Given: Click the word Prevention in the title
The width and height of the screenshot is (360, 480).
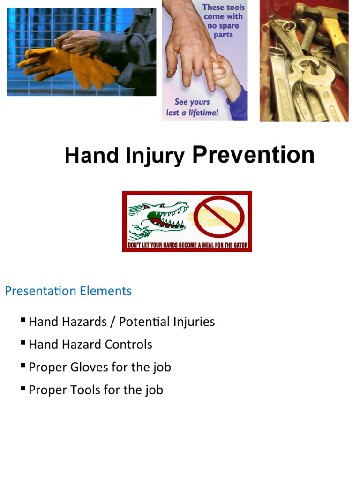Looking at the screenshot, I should coord(253,155).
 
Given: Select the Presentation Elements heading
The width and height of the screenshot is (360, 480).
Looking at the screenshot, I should coord(68,291).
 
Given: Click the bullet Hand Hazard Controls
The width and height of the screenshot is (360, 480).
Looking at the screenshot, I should coord(90,345).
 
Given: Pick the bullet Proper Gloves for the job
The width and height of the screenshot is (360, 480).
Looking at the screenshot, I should coord(100,367).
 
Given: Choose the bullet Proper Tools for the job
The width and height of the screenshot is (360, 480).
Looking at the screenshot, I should coord(96,390).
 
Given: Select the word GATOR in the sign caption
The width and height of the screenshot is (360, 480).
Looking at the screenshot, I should coord(239,245).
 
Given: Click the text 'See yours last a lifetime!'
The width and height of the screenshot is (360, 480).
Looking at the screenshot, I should coord(192,107).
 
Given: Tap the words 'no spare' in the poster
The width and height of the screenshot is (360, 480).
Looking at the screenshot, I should coord(223,25).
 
